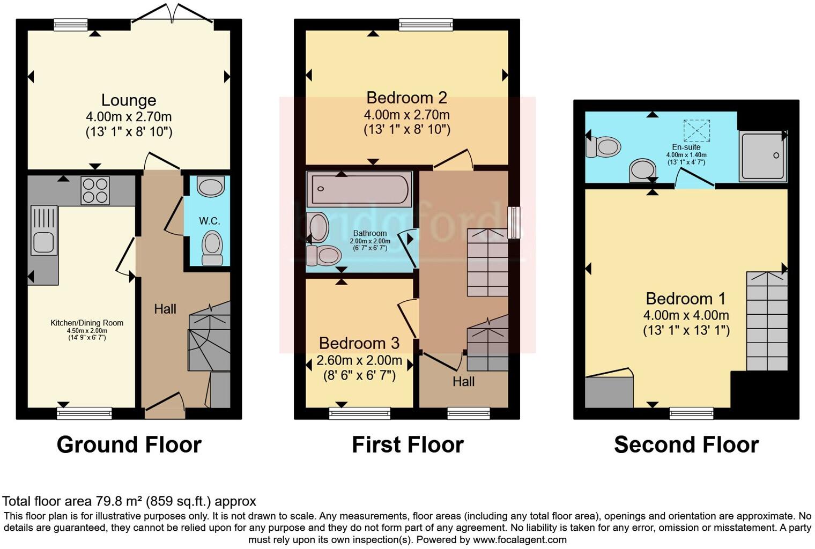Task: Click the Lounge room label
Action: tap(129, 100)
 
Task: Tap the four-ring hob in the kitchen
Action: tap(95, 190)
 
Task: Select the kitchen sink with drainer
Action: tap(44, 231)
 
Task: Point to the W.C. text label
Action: tap(210, 221)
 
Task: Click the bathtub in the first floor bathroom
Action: tap(359, 189)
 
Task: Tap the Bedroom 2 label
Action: tap(406, 98)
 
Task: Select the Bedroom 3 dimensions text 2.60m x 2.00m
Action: tap(359, 360)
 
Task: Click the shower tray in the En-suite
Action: tap(762, 155)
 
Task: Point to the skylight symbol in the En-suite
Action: tap(696, 130)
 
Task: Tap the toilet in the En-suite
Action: tap(603, 146)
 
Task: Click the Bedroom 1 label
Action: tap(685, 299)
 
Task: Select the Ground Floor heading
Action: tap(129, 445)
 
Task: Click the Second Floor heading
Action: tap(686, 445)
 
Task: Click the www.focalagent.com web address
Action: tap(519, 540)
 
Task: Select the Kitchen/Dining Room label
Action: tap(87, 323)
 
